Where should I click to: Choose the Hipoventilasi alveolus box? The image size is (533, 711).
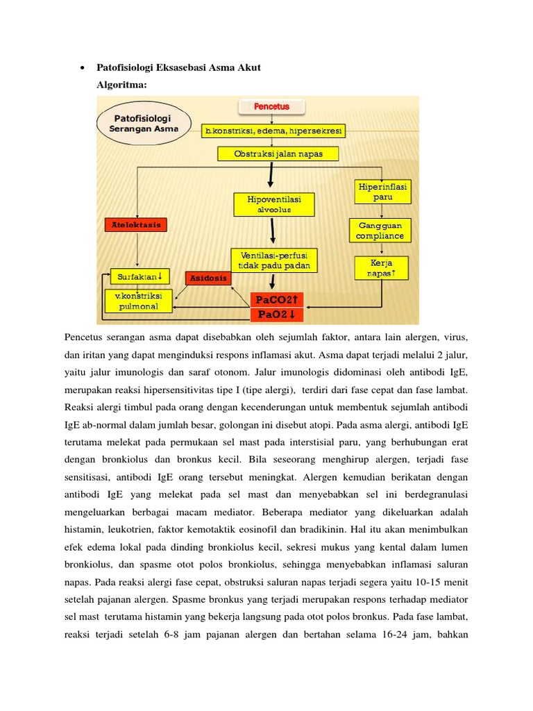coord(276,204)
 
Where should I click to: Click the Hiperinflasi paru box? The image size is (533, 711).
coord(382,192)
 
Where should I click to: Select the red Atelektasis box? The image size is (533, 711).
coord(137,225)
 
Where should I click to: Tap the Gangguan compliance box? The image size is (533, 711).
coord(380,231)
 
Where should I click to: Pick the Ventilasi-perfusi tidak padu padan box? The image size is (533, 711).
coord(275,260)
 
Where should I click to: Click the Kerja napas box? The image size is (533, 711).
coord(381,269)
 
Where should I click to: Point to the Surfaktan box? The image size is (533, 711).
coord(139,276)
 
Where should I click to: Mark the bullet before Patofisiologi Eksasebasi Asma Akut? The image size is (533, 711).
coord(83,68)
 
